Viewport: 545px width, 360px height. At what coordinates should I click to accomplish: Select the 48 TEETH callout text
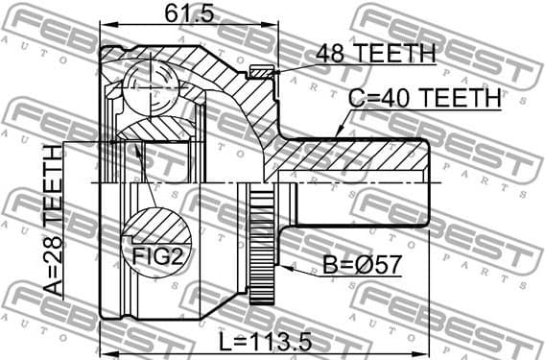pyautogui.click(x=376, y=54)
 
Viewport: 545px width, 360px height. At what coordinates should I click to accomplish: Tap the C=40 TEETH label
pyautogui.click(x=423, y=98)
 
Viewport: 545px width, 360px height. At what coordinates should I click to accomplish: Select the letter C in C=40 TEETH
pyautogui.click(x=356, y=98)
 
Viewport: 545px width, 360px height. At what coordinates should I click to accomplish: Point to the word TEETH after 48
pyautogui.click(x=395, y=54)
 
